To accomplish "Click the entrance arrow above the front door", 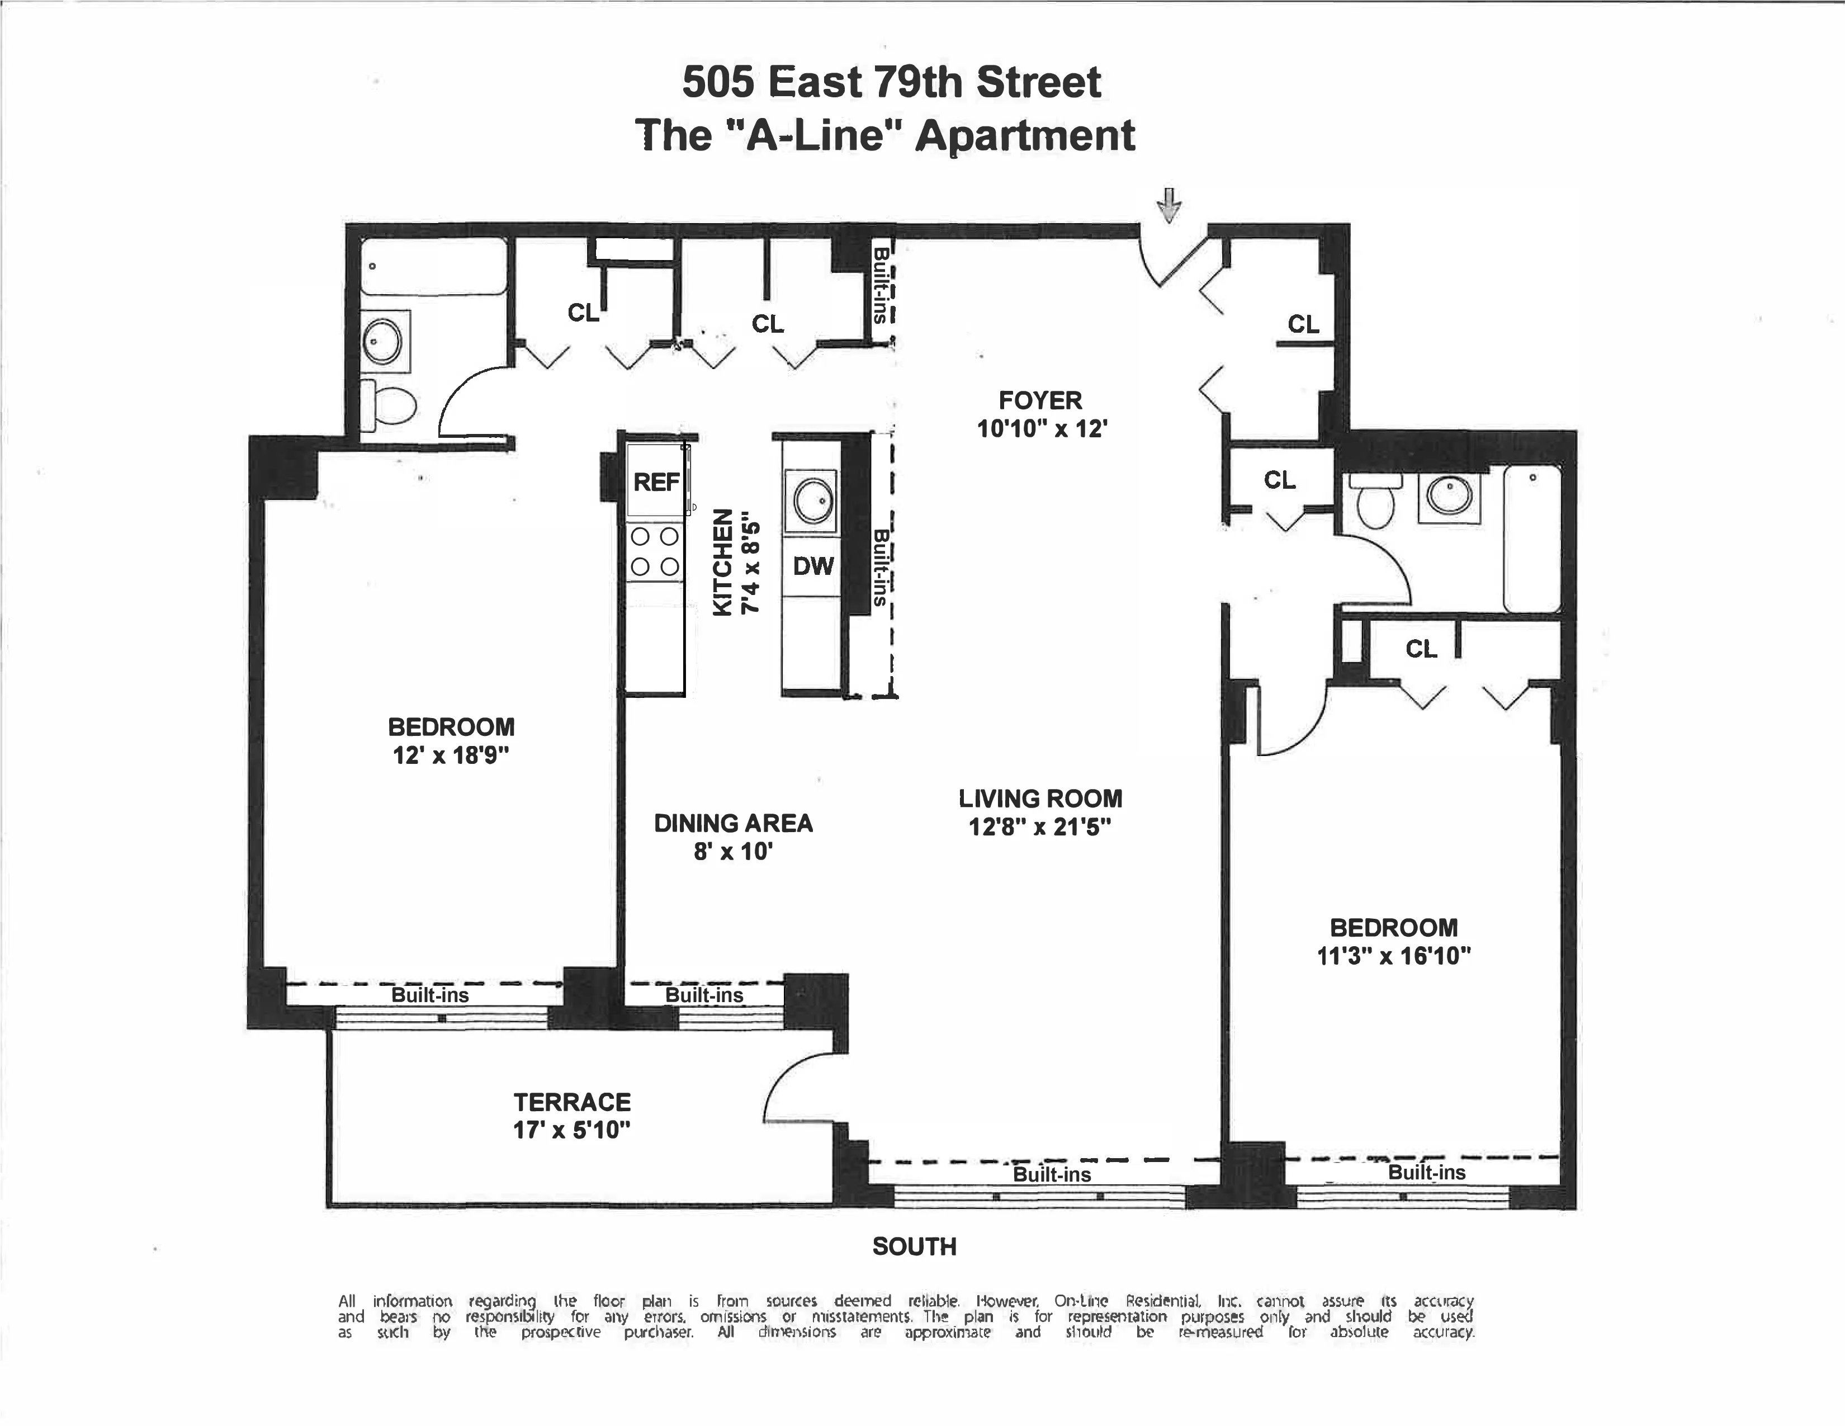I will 1168,205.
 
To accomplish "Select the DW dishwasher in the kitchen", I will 813,566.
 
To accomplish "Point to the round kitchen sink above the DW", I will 813,499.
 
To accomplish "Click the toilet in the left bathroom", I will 390,407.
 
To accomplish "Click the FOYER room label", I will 1040,400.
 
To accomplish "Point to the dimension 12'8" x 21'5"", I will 1039,827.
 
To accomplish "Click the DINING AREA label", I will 734,824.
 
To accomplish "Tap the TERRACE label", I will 572,1102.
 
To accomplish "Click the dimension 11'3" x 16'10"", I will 1394,956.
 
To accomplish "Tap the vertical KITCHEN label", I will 722,562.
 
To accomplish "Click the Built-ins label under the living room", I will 1052,1174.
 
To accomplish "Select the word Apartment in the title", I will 1025,135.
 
